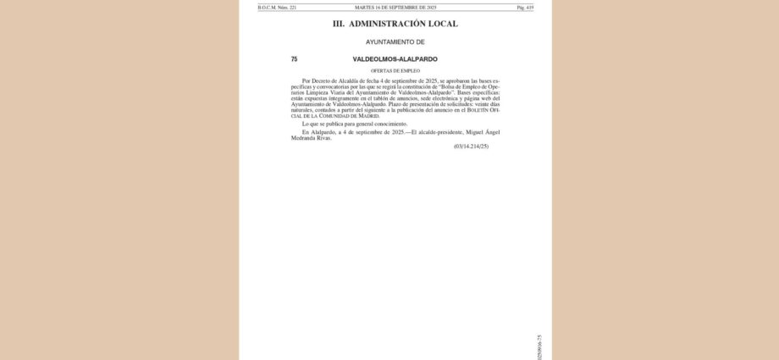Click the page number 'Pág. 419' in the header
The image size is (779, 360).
(525, 7)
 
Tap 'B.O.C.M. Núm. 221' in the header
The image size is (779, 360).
(277, 7)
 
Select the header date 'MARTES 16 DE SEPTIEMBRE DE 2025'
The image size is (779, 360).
(395, 7)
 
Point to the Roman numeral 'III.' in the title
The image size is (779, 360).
(338, 24)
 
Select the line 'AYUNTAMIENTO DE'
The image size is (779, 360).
(395, 42)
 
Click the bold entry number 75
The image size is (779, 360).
(294, 59)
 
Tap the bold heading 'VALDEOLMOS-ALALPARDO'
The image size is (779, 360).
(395, 59)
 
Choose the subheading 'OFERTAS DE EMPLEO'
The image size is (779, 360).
(395, 70)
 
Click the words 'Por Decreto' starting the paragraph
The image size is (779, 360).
(317, 80)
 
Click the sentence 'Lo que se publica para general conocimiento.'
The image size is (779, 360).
(354, 124)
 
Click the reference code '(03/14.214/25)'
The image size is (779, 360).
(471, 147)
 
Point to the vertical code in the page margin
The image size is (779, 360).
(539, 347)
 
